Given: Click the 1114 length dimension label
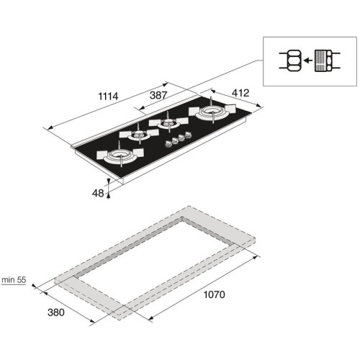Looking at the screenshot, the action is tap(108, 96).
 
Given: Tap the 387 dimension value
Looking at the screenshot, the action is tap(158, 95).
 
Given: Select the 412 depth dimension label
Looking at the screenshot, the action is tap(240, 93).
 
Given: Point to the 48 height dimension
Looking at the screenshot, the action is tap(98, 193).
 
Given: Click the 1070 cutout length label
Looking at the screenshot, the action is tap(215, 294).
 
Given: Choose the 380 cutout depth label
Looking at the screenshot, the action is tap(56, 312).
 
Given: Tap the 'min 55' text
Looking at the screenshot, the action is tap(14, 280).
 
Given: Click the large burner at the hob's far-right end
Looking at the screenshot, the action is tap(212, 111).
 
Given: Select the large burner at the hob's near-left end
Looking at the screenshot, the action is tap(120, 155).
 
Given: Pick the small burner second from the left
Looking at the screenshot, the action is tap(139, 134).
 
